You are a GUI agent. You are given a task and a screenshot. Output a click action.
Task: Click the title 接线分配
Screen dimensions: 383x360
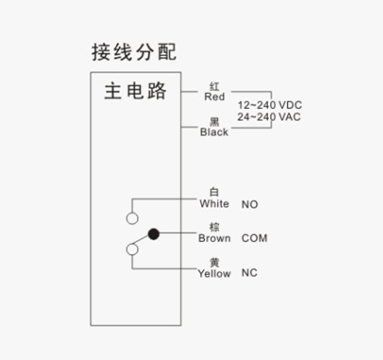point(134,52)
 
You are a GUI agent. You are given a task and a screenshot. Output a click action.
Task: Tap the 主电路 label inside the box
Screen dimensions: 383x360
point(136,90)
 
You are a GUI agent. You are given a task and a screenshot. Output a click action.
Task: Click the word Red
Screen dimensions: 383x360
point(215,97)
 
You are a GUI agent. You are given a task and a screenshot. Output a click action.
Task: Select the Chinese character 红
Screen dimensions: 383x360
point(215,87)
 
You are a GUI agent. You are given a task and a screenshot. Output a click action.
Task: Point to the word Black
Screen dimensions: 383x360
point(215,132)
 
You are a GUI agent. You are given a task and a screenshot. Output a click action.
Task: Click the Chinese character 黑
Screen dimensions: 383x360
point(215,121)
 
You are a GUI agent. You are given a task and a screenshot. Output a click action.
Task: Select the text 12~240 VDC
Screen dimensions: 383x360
point(270,105)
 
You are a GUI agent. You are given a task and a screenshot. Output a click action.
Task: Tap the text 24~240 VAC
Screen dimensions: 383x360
point(269,117)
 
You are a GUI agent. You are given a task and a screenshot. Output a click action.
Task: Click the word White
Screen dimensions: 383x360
point(215,204)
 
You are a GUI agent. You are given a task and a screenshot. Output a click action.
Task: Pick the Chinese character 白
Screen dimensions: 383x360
point(215,192)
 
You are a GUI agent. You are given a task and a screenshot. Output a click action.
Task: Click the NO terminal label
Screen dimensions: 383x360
point(250,204)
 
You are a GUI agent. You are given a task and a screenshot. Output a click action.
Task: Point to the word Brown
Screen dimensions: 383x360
point(215,239)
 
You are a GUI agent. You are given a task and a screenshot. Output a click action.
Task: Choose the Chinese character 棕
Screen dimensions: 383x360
point(215,227)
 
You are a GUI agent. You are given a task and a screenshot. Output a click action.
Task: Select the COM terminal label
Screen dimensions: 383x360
point(254,239)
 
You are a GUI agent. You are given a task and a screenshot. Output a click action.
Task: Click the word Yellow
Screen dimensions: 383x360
point(215,273)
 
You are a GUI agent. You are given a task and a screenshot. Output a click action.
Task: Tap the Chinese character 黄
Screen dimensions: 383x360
point(215,262)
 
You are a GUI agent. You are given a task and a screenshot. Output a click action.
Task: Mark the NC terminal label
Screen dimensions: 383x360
point(249,273)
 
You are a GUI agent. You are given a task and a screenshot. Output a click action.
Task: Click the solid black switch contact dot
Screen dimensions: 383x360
point(153,234)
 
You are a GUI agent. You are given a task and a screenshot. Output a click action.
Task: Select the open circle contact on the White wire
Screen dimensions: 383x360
point(132,218)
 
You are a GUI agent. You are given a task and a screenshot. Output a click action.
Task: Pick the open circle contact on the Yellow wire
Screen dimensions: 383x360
point(132,249)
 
